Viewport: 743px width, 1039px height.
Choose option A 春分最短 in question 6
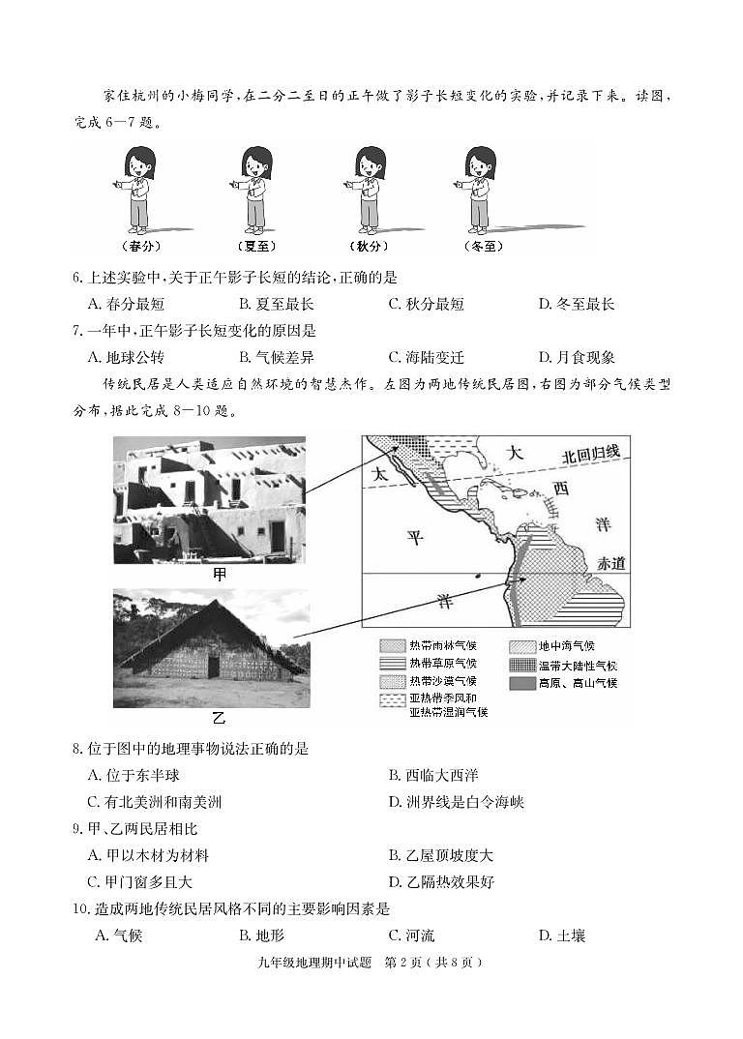[121, 304]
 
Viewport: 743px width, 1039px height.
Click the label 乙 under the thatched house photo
[218, 718]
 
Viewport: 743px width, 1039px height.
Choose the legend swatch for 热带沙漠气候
[391, 682]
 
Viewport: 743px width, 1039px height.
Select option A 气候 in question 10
[119, 935]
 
